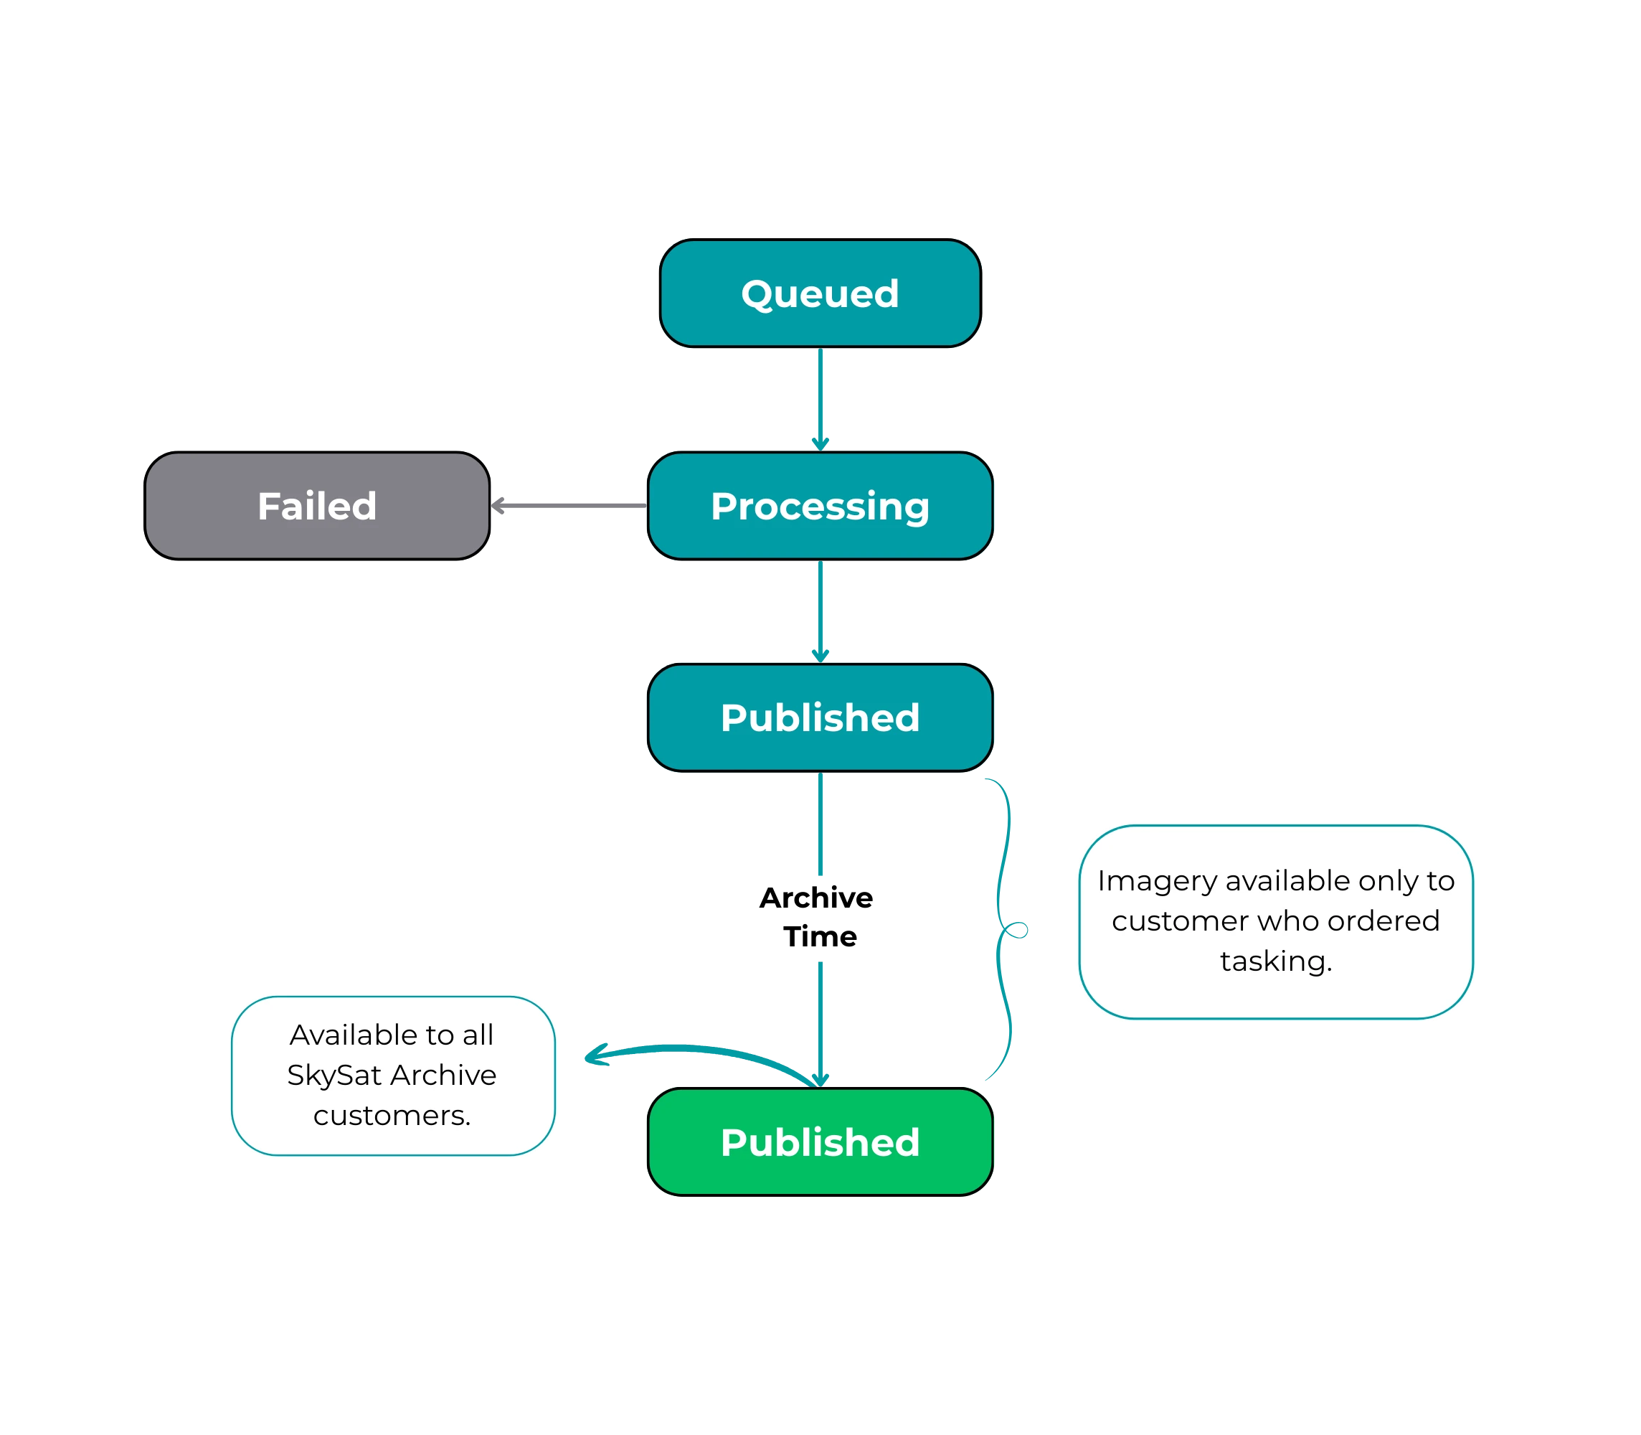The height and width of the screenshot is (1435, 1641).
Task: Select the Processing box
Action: click(x=820, y=506)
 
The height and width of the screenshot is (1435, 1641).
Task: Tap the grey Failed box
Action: click(x=317, y=506)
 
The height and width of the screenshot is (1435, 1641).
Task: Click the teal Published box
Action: click(x=820, y=717)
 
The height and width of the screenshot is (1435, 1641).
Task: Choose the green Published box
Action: click(x=820, y=1142)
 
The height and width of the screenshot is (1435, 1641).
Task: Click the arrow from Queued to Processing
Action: click(x=820, y=398)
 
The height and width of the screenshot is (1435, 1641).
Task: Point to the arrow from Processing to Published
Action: click(x=820, y=610)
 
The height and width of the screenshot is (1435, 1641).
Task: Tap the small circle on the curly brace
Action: click(x=1018, y=930)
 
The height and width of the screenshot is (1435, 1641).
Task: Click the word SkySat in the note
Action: click(x=334, y=1076)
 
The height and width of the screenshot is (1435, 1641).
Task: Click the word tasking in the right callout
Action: click(x=1275, y=961)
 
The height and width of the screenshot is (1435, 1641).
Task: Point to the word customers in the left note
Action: click(x=392, y=1116)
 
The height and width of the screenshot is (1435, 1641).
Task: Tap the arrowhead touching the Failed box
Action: click(x=498, y=505)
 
